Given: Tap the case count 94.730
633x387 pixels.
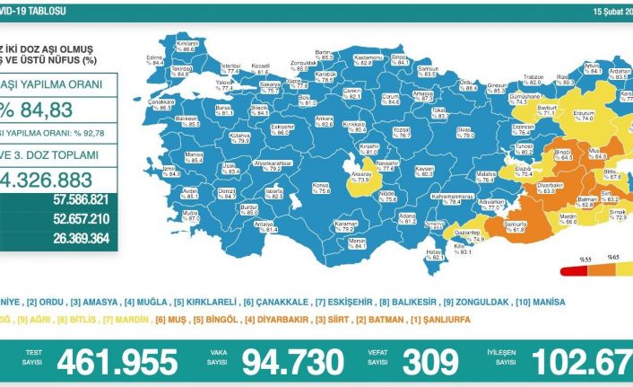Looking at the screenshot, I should point(285,362).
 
